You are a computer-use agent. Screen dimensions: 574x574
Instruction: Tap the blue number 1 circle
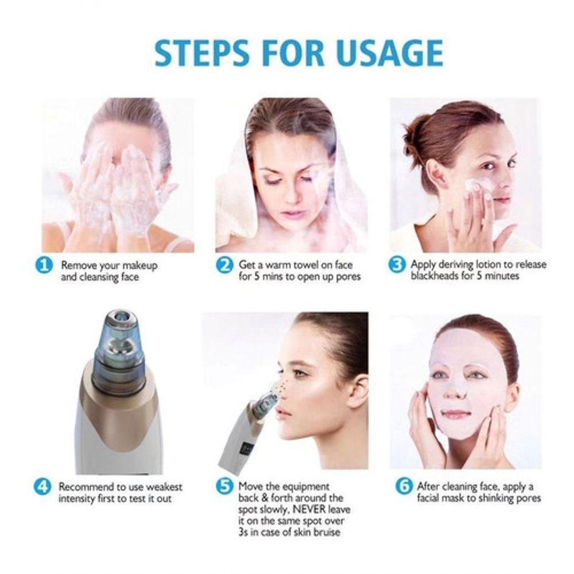click(44, 265)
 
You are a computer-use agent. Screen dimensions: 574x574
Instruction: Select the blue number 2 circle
click(224, 265)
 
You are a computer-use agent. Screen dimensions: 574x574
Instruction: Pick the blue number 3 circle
click(397, 264)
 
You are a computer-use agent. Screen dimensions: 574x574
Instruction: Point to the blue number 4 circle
click(42, 487)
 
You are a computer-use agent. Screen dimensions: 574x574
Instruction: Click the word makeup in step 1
click(140, 265)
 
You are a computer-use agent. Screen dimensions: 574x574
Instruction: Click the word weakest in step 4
click(164, 487)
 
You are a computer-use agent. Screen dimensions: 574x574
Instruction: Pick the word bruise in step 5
click(324, 532)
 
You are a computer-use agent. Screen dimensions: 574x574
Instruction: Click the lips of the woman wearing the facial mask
click(456, 415)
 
